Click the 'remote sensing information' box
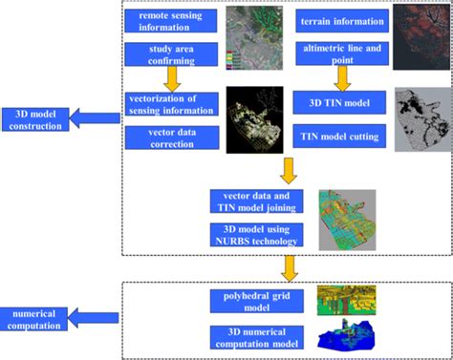tap(171, 21)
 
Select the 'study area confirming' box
tap(171, 54)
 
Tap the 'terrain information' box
tap(342, 21)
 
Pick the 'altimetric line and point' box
tap(342, 53)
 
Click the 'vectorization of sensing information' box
tap(172, 104)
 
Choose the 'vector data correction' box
tap(172, 138)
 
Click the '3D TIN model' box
tap(339, 102)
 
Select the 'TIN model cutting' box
tap(339, 137)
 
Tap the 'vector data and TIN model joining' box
tap(256, 201)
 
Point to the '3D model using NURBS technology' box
tap(256, 235)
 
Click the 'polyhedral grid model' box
tap(257, 302)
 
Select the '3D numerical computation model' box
tap(257, 338)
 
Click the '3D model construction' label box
tap(35, 119)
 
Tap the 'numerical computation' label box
tap(33, 319)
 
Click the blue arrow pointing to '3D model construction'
tap(95, 118)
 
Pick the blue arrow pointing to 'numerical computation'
tap(93, 318)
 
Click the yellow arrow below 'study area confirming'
tap(172, 79)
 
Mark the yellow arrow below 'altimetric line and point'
tap(342, 78)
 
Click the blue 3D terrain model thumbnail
tap(346, 334)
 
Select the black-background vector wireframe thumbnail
tap(255, 119)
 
